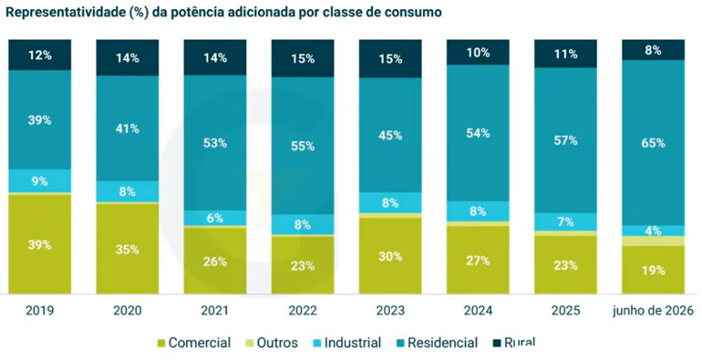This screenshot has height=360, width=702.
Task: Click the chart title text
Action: pos(223,12)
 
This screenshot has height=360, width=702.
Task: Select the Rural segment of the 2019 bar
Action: pos(40,55)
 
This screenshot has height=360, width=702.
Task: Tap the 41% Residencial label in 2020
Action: pos(128,129)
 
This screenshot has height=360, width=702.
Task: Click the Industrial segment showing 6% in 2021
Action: pos(215,218)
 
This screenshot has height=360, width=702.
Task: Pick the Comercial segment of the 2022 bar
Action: pos(303,265)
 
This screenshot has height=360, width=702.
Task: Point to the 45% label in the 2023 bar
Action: pos(390,135)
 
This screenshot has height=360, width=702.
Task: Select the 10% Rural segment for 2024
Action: pos(478,52)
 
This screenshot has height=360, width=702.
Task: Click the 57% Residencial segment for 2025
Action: pos(565,140)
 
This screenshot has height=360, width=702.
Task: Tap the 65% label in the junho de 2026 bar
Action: pos(653,143)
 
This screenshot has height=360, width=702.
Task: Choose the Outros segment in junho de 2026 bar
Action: pos(653,241)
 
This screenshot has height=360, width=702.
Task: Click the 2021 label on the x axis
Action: pos(215,311)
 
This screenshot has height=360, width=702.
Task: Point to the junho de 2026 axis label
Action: pos(653,311)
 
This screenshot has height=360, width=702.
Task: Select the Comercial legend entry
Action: pos(193,343)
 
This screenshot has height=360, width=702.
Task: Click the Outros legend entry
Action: pos(272,343)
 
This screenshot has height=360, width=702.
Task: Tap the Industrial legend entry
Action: pos(347,343)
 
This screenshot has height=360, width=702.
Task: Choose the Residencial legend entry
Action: pos(436,343)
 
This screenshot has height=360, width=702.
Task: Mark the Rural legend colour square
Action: pos(496,344)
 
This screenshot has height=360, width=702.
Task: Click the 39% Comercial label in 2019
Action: pos(40,245)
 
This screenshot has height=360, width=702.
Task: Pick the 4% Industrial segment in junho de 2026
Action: pos(653,231)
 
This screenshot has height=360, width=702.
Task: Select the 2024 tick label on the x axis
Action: pos(478,311)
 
